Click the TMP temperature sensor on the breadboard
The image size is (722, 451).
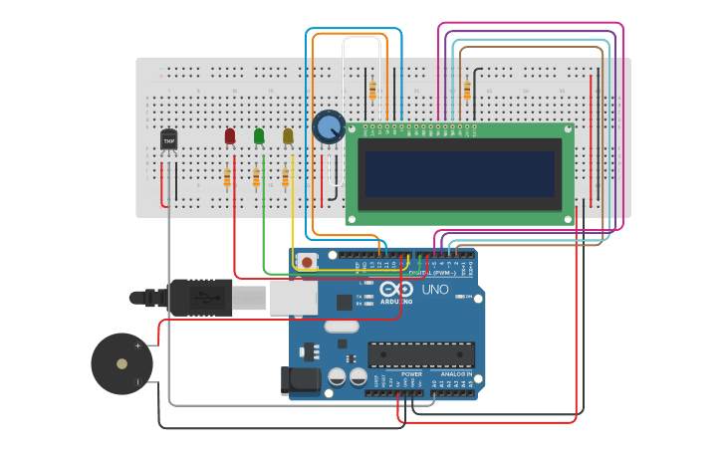[x=168, y=141]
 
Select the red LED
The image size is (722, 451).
[x=230, y=135]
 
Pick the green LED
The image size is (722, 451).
[x=259, y=135]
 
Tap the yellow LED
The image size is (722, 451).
[x=288, y=135]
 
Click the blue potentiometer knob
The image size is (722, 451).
[x=328, y=127]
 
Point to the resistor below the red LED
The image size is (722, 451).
[x=227, y=178]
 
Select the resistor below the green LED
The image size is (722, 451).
[x=256, y=178]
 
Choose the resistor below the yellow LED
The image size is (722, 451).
[x=285, y=178]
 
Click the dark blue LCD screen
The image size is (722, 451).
[x=459, y=173]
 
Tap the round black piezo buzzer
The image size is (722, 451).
[x=121, y=363]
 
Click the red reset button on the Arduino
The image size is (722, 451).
[x=308, y=262]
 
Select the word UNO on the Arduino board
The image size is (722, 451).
[x=436, y=290]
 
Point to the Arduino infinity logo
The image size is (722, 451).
[x=395, y=289]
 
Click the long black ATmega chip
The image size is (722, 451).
[x=421, y=354]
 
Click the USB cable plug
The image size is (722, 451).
[x=199, y=297]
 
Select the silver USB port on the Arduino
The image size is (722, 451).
[x=294, y=296]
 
